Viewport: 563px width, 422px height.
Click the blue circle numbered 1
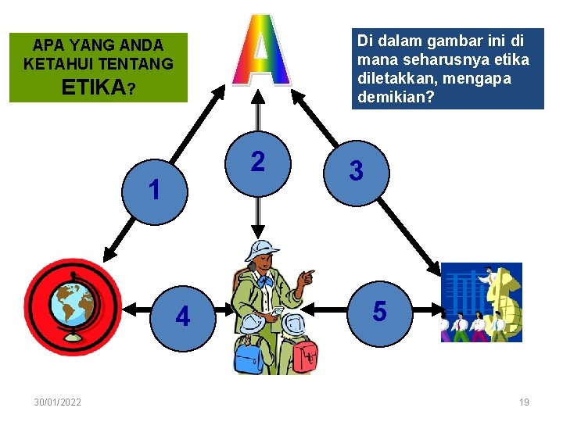click(x=155, y=191)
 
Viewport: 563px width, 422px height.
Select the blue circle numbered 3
click(x=356, y=171)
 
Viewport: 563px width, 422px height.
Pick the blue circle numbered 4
click(x=183, y=316)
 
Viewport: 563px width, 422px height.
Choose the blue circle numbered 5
click(x=379, y=312)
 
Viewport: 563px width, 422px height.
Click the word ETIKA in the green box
click(x=91, y=87)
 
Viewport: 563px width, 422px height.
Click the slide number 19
click(x=524, y=402)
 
